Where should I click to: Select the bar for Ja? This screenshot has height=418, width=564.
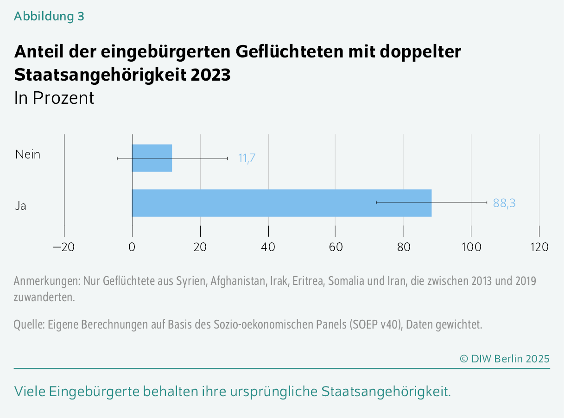coord(282,203)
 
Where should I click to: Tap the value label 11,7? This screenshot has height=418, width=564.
coord(247,158)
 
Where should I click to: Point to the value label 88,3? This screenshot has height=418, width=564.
coord(504,203)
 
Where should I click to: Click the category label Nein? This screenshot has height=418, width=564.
coord(28,154)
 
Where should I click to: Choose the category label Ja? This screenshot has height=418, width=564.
coord(20,206)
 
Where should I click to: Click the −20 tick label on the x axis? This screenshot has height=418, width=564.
coord(64,247)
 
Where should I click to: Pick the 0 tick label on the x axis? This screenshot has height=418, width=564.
coord(132,247)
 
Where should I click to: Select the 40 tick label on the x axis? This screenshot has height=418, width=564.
coord(268,247)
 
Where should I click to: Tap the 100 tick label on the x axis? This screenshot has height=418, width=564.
coord(471,247)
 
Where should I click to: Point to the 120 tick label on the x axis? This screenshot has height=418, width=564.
coord(539,247)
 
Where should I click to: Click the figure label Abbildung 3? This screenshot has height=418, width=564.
coord(49,16)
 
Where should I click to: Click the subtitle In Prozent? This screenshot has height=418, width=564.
coord(54,98)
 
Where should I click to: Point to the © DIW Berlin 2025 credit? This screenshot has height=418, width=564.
coord(504,358)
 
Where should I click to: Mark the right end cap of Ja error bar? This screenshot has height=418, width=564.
coord(487,202)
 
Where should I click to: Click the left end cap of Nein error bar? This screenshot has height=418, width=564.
coord(117,158)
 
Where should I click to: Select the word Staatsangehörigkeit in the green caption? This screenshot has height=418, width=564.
coord(386,392)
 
